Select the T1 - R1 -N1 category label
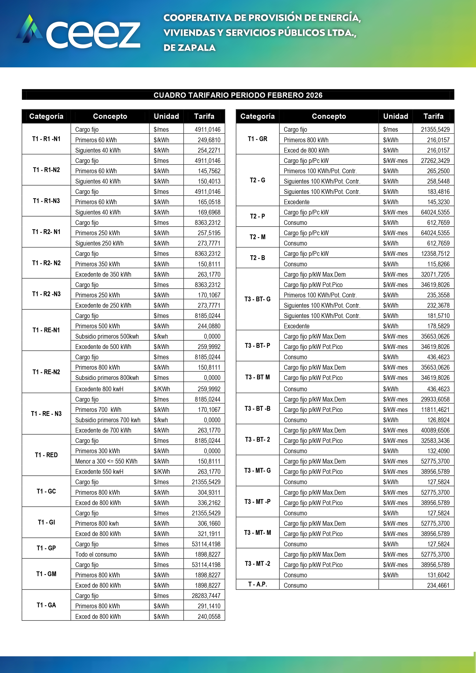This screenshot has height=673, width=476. (46, 139)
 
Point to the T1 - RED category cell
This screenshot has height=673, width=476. (46, 455)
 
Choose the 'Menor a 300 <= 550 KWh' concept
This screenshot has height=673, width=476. (106, 461)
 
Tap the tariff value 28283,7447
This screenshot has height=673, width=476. (206, 596)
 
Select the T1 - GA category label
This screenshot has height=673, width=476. (46, 605)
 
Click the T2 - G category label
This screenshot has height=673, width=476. (257, 180)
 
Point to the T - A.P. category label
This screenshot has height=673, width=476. (257, 584)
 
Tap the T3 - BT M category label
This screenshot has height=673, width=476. (257, 377)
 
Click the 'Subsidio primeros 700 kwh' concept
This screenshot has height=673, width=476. (107, 420)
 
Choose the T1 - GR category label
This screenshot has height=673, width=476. (257, 139)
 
